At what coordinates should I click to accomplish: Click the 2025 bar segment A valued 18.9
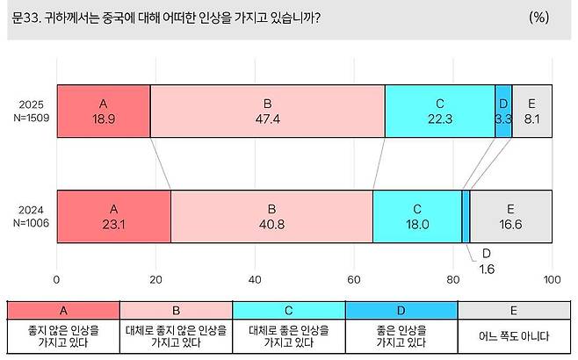coord(104,111)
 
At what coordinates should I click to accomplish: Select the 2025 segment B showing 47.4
coord(267,111)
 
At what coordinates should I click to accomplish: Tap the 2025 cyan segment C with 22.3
coord(439,111)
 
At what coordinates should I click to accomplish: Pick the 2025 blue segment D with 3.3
coord(503,111)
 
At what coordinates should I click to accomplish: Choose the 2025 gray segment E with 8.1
coord(532,111)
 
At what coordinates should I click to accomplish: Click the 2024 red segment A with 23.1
coord(113,216)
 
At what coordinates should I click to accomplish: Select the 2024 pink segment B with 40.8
coord(271,216)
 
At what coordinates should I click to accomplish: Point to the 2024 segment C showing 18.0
coord(416,216)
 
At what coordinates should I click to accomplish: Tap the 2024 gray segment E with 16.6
coord(510,216)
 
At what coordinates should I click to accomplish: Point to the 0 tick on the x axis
coord(57,280)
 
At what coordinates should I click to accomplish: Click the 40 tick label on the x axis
coord(255,280)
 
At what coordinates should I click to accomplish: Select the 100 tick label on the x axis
coord(552,280)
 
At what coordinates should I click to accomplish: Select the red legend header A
coord(62,310)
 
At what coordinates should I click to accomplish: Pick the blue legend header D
coord(401,310)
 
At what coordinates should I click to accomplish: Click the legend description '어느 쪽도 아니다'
coord(515,335)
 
